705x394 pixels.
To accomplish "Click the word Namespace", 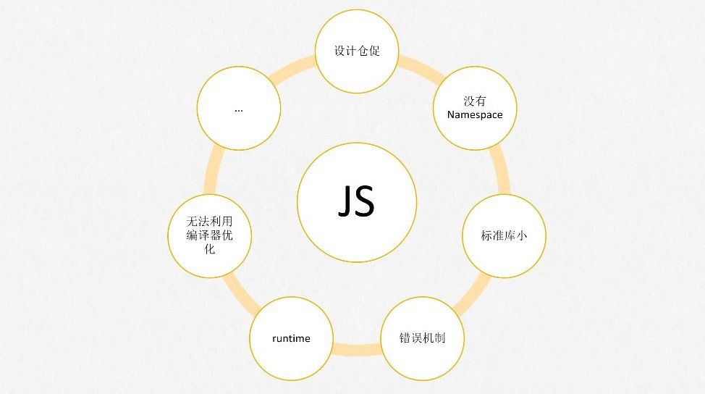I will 474,114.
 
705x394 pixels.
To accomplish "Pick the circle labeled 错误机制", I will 421,338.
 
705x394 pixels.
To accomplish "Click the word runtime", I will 291,338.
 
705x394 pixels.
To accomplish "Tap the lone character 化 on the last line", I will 210,249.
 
